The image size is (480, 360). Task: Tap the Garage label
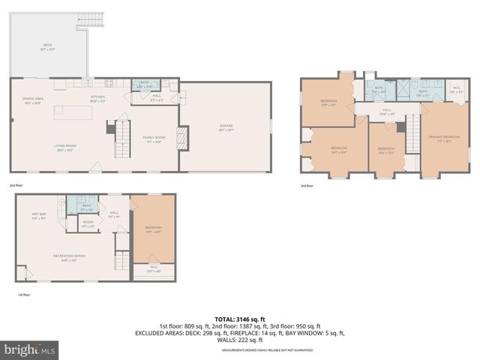pos(226,130)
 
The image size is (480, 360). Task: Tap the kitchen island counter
pos(73,112)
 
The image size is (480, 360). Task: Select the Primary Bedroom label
pos(443,139)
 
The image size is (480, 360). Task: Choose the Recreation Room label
pos(67,257)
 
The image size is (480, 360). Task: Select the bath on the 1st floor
pos(87,207)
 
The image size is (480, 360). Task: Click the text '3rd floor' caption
pos(307,186)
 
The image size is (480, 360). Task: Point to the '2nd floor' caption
pos(16,184)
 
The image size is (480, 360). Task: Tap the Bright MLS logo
pos(30,349)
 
